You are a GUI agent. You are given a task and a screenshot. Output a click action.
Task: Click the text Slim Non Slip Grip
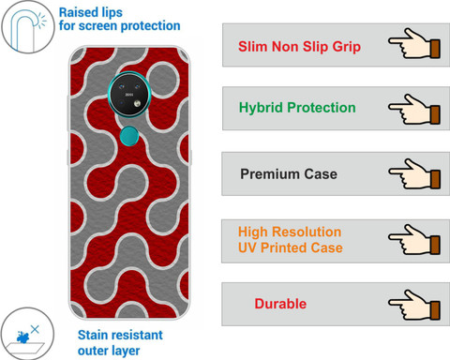pyautogui.click(x=299, y=47)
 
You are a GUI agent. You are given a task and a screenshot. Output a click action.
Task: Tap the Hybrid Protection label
pyautogui.click(x=297, y=108)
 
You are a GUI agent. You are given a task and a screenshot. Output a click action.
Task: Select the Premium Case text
pyautogui.click(x=289, y=174)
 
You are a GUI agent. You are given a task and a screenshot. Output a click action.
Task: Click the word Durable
pyautogui.click(x=280, y=304)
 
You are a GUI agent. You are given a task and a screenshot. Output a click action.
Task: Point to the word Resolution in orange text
pyautogui.click(x=307, y=232)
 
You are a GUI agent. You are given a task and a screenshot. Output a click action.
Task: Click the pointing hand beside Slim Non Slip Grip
pyautogui.click(x=414, y=43)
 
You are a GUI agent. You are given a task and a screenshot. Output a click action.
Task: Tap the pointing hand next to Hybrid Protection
pyautogui.click(x=414, y=110)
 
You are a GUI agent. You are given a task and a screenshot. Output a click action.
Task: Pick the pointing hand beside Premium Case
pyautogui.click(x=414, y=174)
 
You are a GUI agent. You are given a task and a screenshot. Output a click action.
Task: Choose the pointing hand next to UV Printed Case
pyautogui.click(x=414, y=240)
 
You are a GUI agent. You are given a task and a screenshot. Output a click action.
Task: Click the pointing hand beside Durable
pyautogui.click(x=414, y=305)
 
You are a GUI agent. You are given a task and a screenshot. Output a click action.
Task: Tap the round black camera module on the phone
pyautogui.click(x=129, y=94)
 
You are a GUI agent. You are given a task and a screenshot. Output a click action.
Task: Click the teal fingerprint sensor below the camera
pyautogui.click(x=129, y=136)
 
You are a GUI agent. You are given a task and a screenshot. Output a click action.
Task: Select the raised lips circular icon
pyautogui.click(x=28, y=27)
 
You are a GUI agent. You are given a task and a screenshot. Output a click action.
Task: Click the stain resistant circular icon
pyautogui.click(x=27, y=334)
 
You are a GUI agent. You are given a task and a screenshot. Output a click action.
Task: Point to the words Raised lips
pyautogui.click(x=91, y=13)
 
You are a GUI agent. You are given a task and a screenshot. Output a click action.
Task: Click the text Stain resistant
pyautogui.click(x=120, y=335)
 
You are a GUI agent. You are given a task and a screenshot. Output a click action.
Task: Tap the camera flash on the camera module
pyautogui.click(x=137, y=103)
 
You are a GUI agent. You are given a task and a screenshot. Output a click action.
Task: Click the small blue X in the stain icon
pyautogui.click(x=35, y=329)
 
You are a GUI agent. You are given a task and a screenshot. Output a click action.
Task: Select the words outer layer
pyautogui.click(x=109, y=351)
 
